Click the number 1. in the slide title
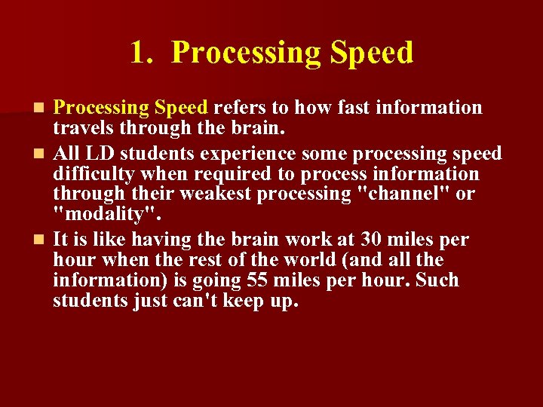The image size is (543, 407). pyautogui.click(x=142, y=54)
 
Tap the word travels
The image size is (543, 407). pyautogui.click(x=81, y=128)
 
